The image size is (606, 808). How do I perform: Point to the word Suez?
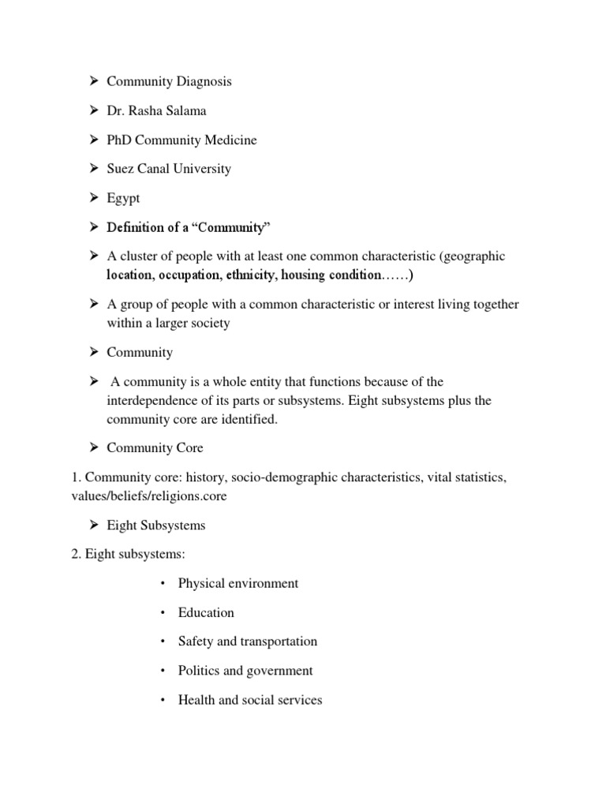click(x=121, y=169)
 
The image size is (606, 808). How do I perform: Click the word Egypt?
click(x=124, y=199)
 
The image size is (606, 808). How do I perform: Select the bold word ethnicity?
click(x=251, y=275)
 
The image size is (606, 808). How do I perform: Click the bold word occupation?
click(x=189, y=275)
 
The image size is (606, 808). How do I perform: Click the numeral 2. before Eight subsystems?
click(x=76, y=554)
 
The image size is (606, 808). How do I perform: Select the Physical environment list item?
click(x=238, y=583)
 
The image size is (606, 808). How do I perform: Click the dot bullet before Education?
click(x=162, y=613)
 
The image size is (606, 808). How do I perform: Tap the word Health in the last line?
click(x=196, y=700)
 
